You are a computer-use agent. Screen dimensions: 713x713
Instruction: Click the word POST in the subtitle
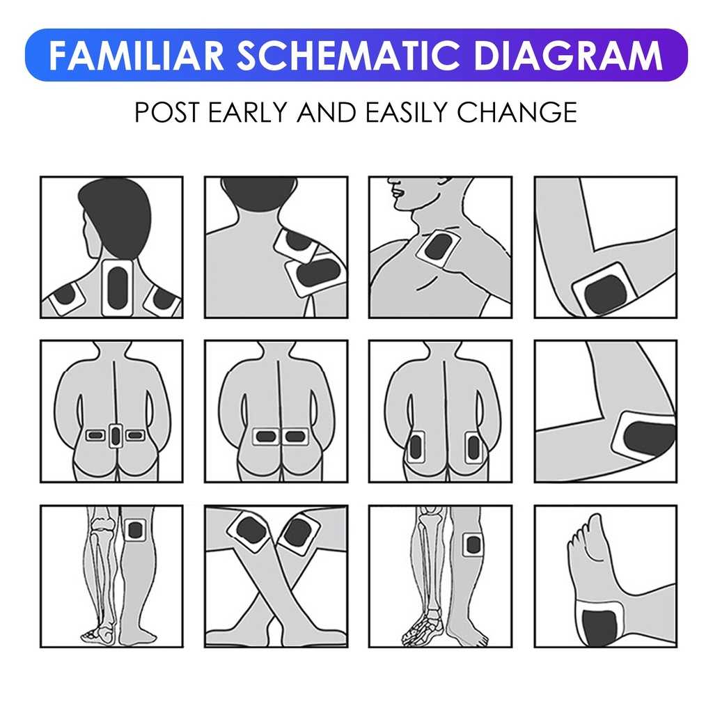[x=166, y=112]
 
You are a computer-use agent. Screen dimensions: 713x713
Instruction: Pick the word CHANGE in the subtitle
[x=517, y=112]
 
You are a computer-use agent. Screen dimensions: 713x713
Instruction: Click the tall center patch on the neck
[x=117, y=288]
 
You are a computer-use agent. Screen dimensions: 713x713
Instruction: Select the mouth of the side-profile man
[x=397, y=192]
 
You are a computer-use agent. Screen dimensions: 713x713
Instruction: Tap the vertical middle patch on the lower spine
[x=116, y=436]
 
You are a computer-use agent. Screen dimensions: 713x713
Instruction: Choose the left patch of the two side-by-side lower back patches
[x=266, y=437]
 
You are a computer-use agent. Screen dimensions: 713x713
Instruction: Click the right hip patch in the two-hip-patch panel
[x=473, y=446]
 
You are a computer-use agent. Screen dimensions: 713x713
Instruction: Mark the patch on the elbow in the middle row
[x=644, y=437]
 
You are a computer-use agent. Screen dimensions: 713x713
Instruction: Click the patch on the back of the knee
[x=135, y=530]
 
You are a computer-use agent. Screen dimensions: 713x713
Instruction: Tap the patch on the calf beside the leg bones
[x=473, y=544]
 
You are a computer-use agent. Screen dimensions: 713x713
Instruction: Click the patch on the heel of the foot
[x=600, y=624]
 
